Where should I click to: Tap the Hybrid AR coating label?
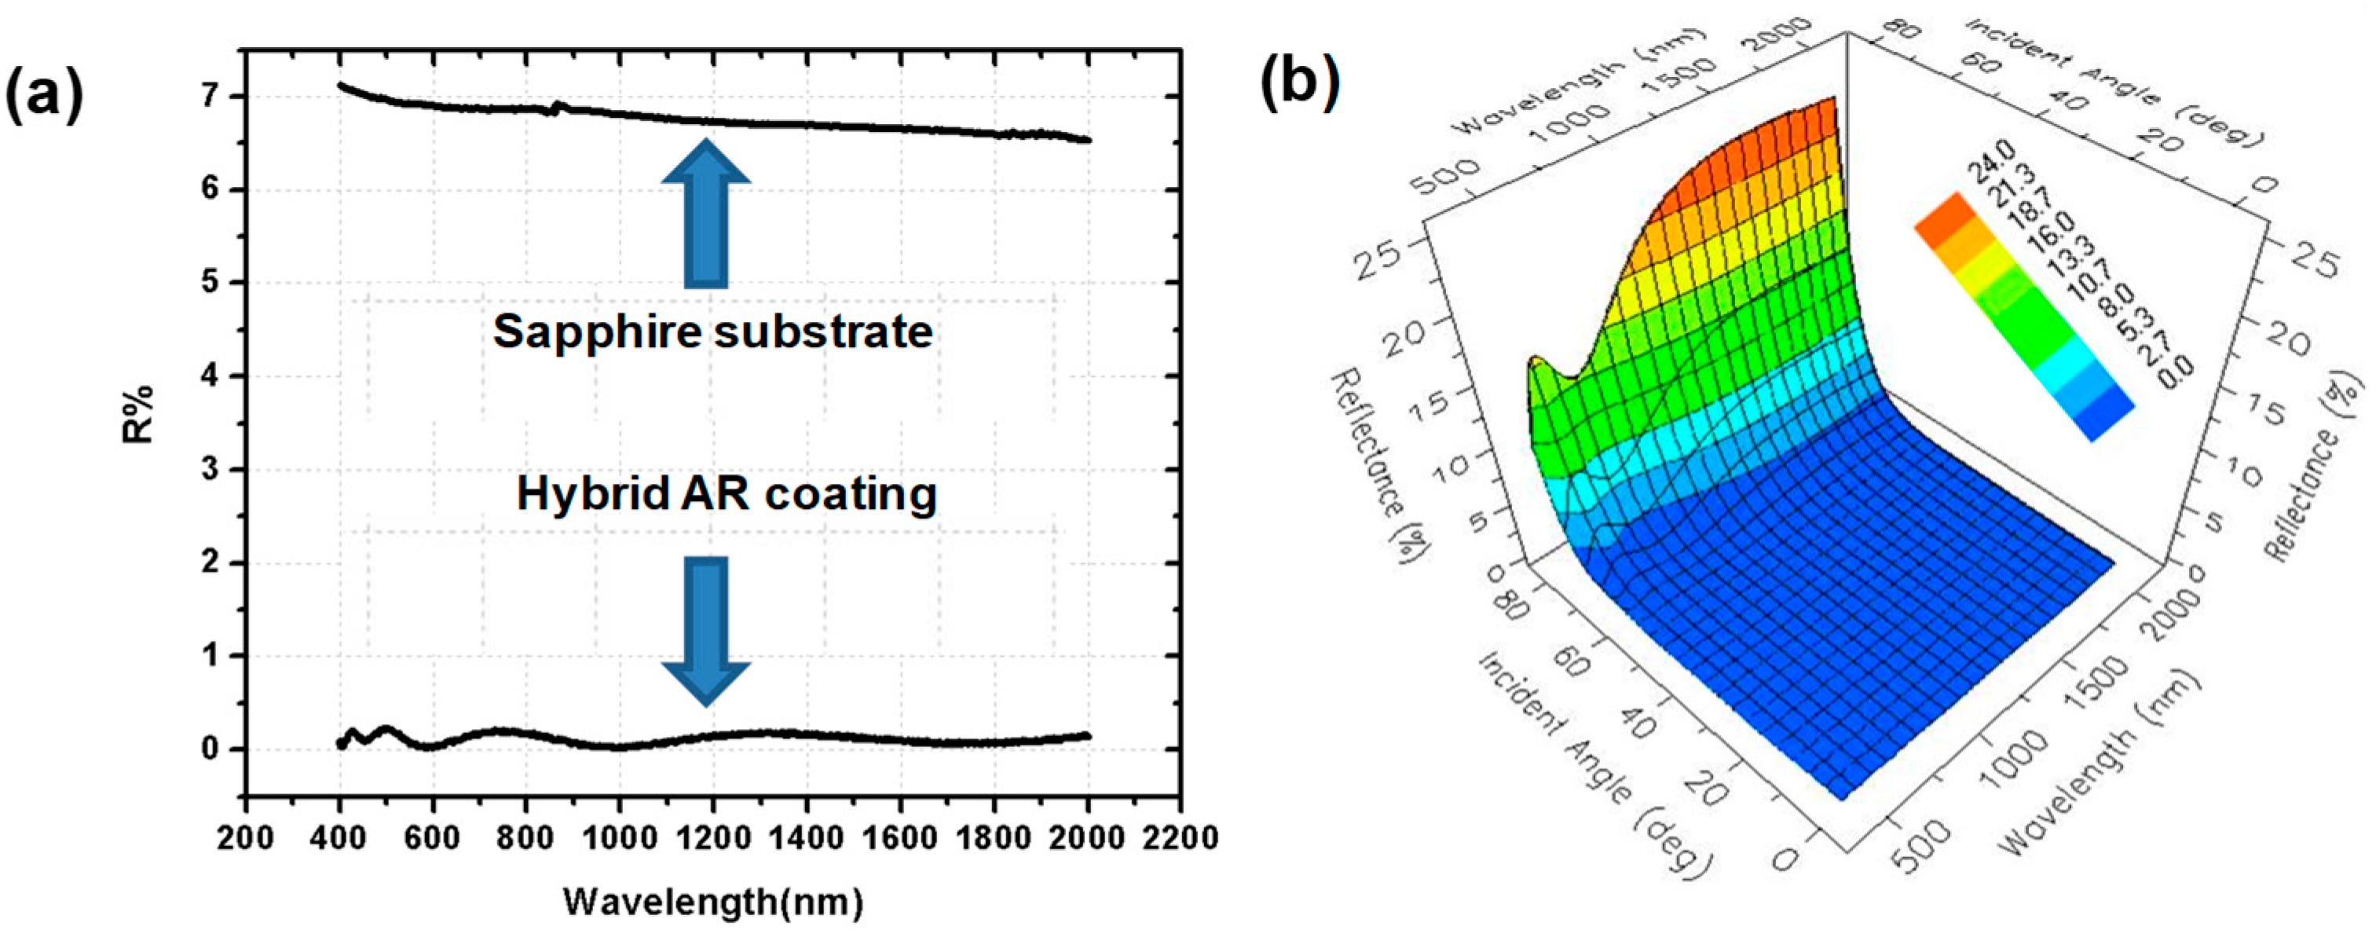point(726,493)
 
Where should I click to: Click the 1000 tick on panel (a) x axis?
point(619,837)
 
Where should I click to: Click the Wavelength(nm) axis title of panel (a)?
point(712,901)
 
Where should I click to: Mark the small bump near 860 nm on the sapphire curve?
point(555,107)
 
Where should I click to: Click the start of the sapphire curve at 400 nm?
point(341,86)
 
